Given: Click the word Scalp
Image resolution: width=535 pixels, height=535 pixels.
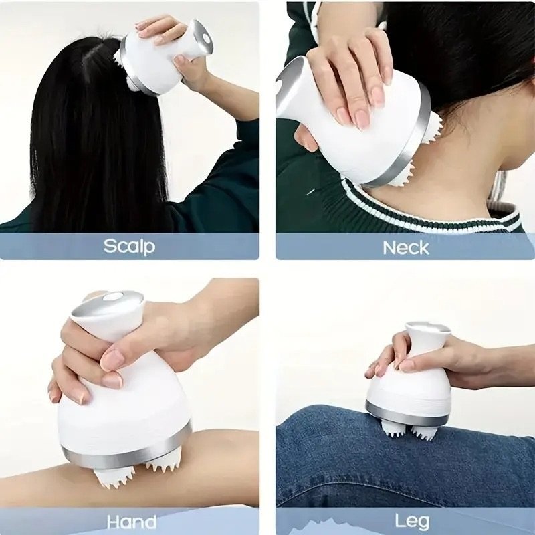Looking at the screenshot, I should (129, 245).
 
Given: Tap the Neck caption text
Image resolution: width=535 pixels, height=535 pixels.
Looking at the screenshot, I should (405, 247).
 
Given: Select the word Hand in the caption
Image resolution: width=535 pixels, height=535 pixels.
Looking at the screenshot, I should (131, 522).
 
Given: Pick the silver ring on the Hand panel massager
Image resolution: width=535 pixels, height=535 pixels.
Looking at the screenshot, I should (127, 455).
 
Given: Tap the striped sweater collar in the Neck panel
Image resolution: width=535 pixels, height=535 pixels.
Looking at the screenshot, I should (428, 207).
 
